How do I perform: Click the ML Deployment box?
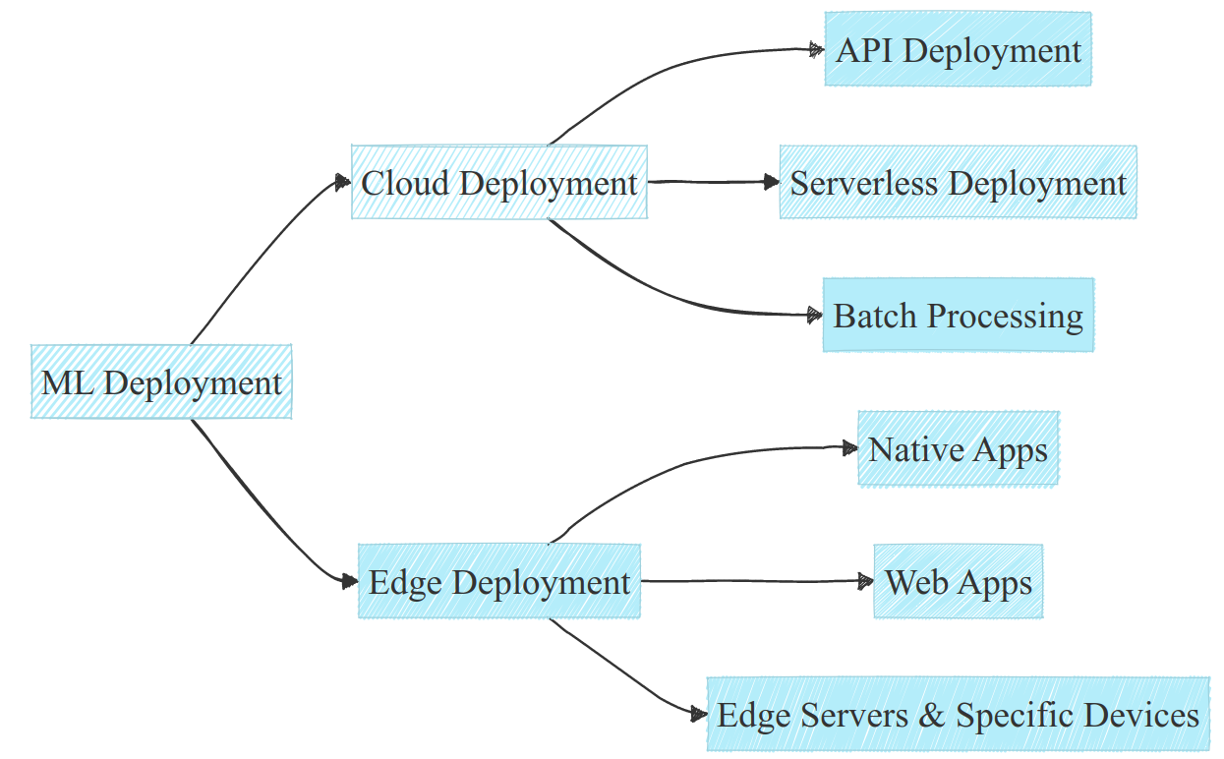(161, 381)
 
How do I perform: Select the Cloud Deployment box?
(499, 183)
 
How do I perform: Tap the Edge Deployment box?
(499, 581)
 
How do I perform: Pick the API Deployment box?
(958, 49)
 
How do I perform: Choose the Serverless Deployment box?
(958, 183)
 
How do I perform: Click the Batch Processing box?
(958, 316)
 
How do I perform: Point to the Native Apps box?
(958, 449)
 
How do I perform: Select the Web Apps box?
(958, 581)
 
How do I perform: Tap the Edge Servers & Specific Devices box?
(958, 715)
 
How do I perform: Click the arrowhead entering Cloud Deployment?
(343, 182)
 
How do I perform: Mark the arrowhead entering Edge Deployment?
(349, 582)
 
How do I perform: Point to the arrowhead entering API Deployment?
(816, 48)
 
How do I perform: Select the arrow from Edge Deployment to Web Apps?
(757, 581)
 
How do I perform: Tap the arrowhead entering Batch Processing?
(814, 316)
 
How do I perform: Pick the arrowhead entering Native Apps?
(849, 448)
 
